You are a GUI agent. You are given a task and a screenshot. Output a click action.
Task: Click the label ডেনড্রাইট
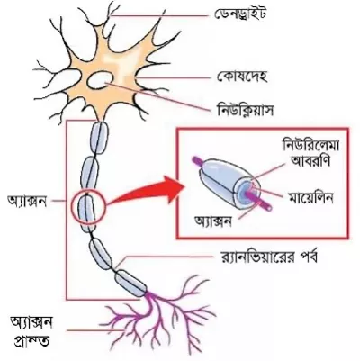(240, 13)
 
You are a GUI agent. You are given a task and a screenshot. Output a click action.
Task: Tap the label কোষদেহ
(242, 77)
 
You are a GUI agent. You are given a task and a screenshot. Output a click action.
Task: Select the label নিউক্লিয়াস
(245, 110)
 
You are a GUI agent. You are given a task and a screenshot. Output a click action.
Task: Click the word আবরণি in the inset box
(311, 162)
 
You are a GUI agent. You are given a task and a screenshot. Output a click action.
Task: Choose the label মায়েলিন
(311, 198)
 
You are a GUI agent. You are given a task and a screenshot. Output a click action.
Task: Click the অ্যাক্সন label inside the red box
(213, 221)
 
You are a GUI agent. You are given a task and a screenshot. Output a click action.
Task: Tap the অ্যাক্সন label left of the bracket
(27, 201)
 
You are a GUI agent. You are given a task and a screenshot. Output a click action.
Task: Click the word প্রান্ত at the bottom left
(30, 341)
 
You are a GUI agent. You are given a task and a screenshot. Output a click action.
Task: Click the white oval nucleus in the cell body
(101, 80)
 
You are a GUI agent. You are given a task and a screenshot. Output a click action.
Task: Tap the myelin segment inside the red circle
(86, 209)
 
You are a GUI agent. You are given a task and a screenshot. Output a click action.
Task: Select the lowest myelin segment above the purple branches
(131, 283)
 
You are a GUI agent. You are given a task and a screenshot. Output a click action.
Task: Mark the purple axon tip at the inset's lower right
(261, 203)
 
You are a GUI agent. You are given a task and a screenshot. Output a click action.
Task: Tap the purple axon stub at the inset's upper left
(198, 161)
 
